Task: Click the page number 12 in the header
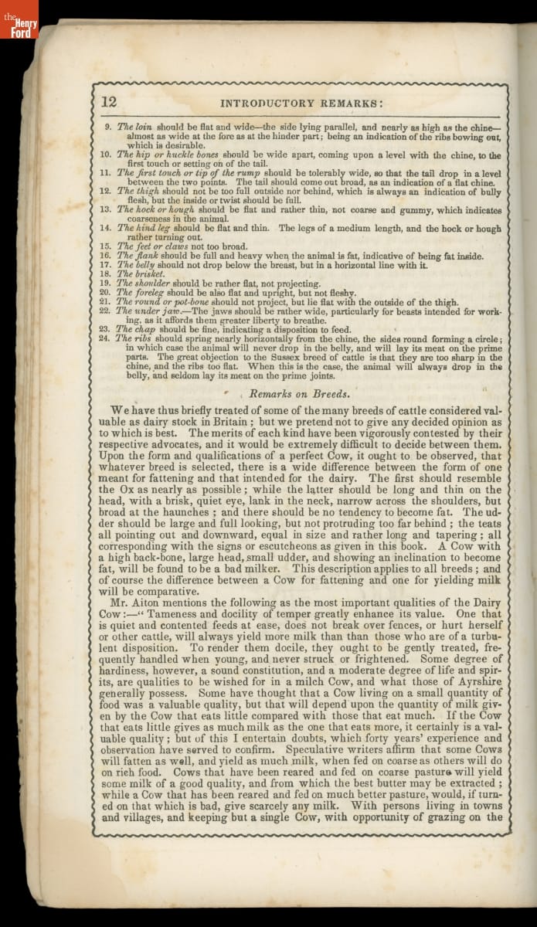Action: pos(109,101)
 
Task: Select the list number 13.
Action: pos(106,209)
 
